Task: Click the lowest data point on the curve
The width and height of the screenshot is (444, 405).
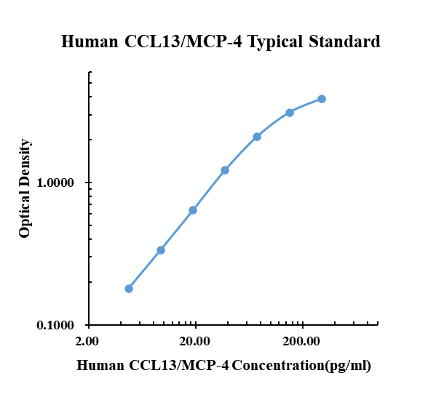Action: [x=129, y=289]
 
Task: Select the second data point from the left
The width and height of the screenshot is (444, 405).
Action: [x=161, y=250]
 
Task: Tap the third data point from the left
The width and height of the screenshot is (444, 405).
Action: [x=193, y=210]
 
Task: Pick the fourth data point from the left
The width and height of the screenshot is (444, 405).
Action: [x=225, y=170]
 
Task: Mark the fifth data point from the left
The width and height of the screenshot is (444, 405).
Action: [x=257, y=137]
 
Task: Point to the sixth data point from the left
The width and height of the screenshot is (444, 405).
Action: [x=290, y=113]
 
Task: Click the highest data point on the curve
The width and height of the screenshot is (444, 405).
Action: [x=322, y=99]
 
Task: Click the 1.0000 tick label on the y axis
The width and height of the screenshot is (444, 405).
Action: [x=56, y=183]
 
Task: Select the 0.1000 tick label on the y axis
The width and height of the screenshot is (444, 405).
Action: [x=56, y=326]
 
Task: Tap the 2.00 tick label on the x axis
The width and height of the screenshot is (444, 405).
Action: [x=87, y=341]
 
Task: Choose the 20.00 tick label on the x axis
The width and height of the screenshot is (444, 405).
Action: [x=194, y=341]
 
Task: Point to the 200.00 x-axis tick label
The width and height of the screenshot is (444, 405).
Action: [x=301, y=341]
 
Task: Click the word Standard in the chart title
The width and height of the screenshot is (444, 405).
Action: [x=344, y=41]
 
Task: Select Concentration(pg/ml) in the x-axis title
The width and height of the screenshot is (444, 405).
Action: [x=301, y=365]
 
